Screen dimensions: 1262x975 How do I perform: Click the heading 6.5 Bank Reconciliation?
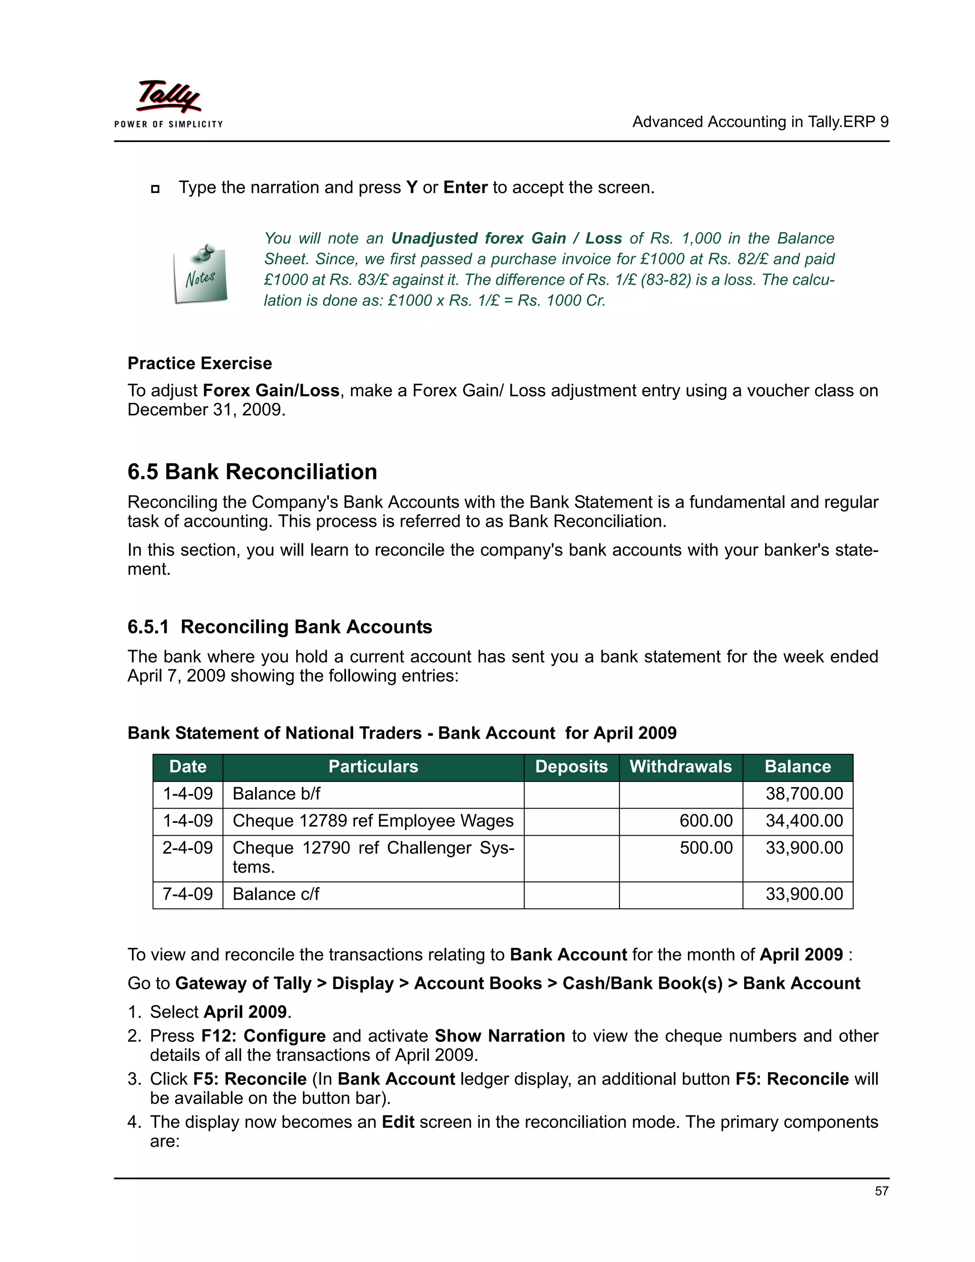(252, 471)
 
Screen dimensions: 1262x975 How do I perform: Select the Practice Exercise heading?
(199, 363)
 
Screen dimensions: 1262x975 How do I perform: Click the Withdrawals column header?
(680, 767)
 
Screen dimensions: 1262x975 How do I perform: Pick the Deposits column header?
(571, 767)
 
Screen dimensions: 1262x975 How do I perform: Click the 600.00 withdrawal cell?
(706, 821)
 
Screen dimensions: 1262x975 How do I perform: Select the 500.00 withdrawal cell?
(706, 848)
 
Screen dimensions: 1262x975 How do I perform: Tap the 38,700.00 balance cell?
(804, 793)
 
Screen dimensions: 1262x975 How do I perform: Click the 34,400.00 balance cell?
(804, 821)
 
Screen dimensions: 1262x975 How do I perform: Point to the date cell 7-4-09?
(188, 894)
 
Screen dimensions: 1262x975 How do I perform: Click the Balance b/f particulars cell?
(276, 793)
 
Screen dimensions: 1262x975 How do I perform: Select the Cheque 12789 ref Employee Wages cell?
(373, 821)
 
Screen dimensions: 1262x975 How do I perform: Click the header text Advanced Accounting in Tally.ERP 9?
(760, 122)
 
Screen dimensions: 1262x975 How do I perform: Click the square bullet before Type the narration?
(155, 189)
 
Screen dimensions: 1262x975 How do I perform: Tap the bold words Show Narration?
(499, 1035)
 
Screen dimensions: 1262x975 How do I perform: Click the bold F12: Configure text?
(263, 1035)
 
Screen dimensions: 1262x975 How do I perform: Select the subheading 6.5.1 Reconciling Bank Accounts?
(279, 627)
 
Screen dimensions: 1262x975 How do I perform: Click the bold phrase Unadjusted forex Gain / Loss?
(506, 238)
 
